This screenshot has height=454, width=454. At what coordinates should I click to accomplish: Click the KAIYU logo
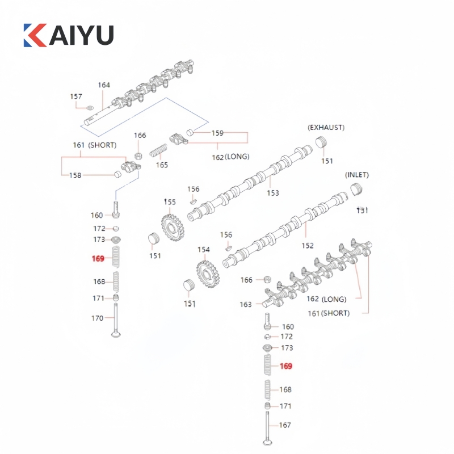click(x=68, y=35)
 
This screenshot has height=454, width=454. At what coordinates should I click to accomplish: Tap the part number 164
click(x=103, y=86)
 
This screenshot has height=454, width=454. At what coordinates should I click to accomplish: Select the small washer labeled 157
click(x=90, y=107)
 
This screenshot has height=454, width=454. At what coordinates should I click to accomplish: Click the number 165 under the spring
click(x=162, y=165)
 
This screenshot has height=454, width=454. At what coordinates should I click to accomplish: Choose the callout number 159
click(x=217, y=133)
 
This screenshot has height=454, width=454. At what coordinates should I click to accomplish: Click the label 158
click(x=75, y=175)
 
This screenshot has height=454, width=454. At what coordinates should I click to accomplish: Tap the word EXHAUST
click(x=326, y=127)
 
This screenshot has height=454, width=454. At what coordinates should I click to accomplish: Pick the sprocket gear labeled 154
click(x=208, y=273)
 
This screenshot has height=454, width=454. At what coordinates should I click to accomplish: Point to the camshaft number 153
click(x=273, y=193)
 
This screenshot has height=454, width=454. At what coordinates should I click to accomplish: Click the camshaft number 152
click(x=307, y=246)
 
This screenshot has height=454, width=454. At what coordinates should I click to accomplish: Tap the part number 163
click(x=245, y=305)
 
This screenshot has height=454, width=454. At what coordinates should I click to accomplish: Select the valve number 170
click(x=97, y=318)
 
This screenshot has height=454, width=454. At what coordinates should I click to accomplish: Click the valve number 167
click(x=285, y=425)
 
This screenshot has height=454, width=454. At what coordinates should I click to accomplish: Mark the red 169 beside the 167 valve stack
click(x=285, y=367)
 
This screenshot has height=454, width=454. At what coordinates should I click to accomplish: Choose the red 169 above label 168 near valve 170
click(x=98, y=259)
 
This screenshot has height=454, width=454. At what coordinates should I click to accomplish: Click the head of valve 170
click(x=116, y=333)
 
